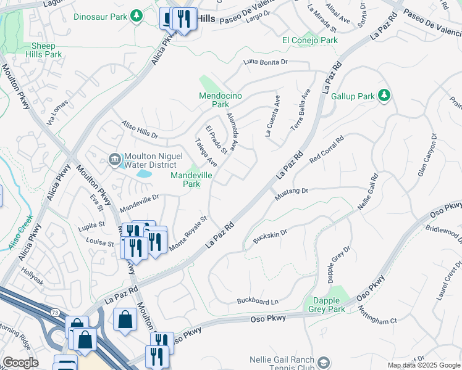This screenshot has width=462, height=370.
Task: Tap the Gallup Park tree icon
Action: (384, 95)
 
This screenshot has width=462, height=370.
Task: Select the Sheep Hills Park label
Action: (44, 50)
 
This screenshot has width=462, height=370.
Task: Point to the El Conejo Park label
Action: (310, 40)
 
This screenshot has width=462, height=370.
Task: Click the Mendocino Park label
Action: (214, 100)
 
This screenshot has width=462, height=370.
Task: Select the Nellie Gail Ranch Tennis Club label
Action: (282, 364)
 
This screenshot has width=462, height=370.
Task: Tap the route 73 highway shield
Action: (56, 313)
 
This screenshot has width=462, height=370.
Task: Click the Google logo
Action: (20, 363)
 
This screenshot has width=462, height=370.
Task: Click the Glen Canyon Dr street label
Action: (426, 155)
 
